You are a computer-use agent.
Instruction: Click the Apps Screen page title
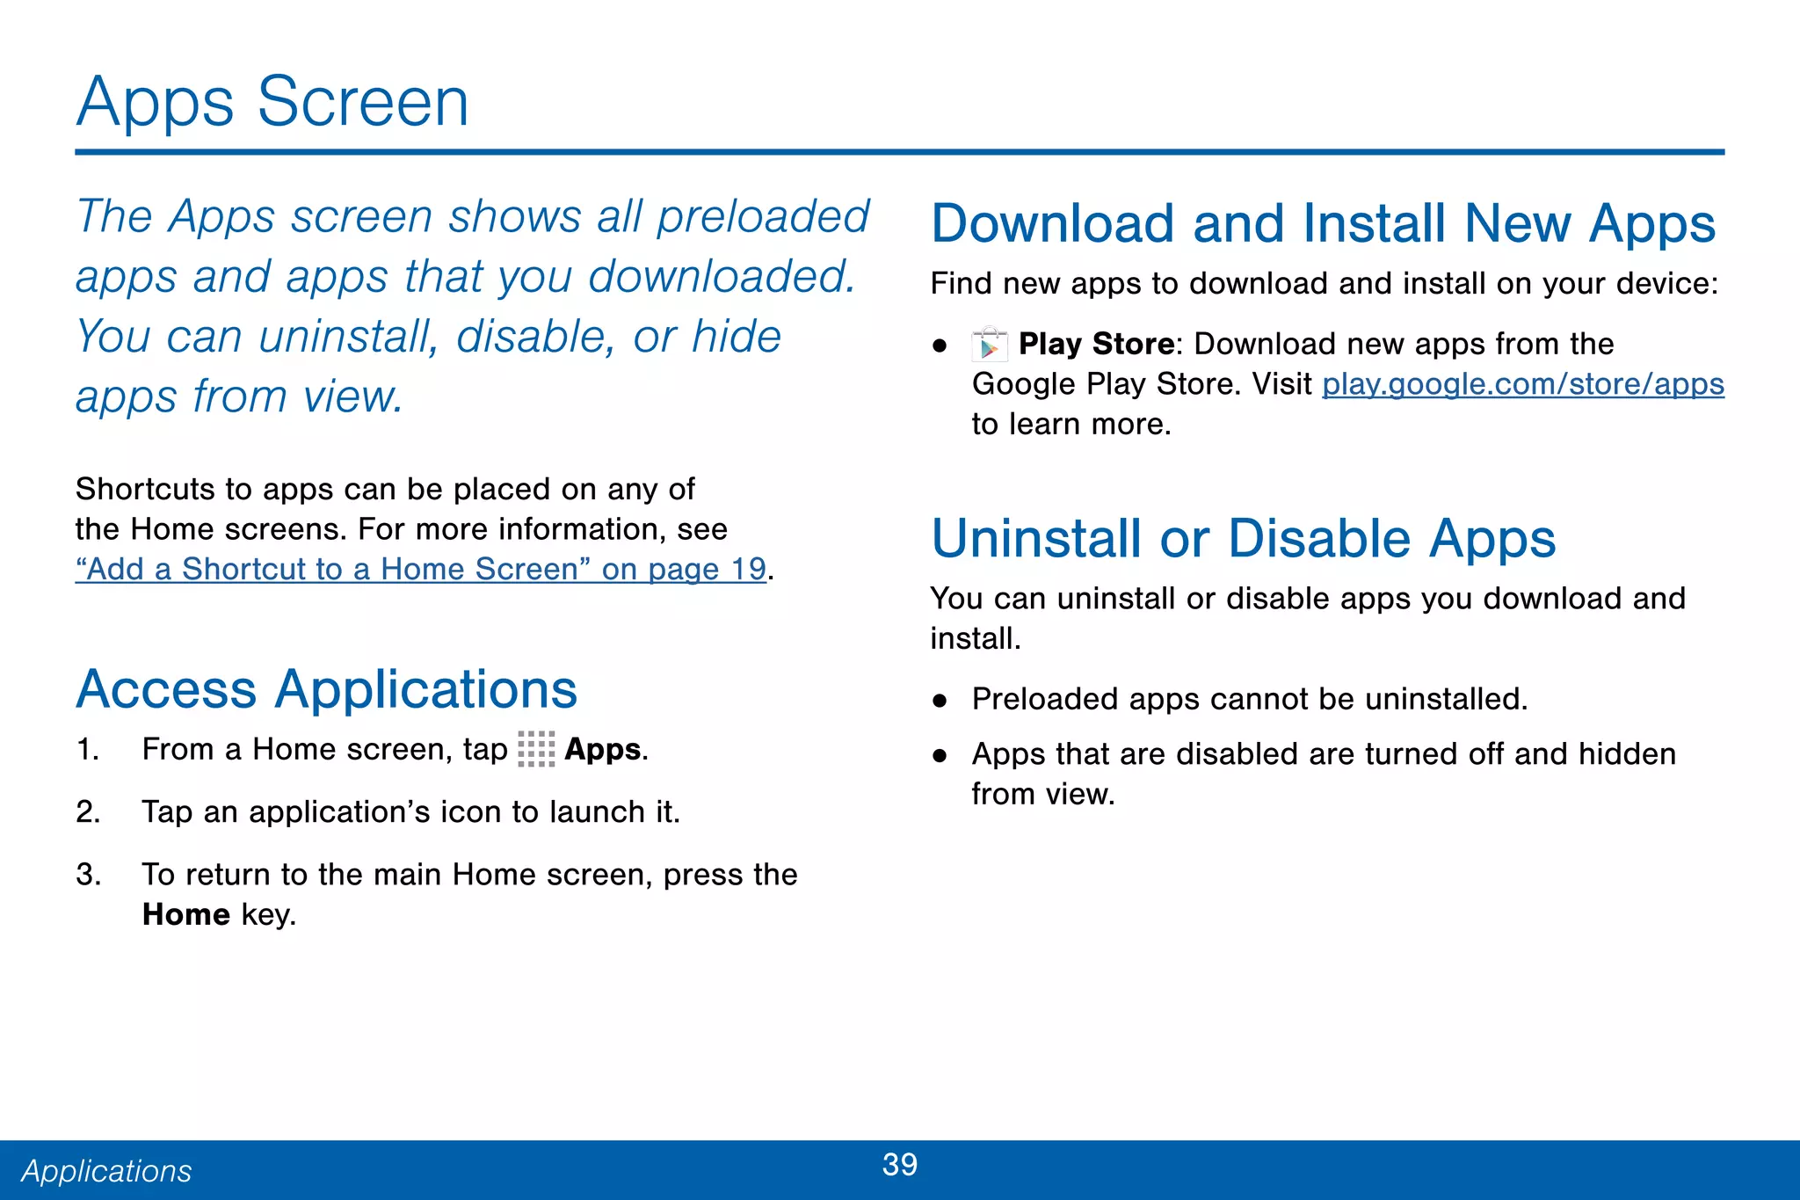[x=272, y=102]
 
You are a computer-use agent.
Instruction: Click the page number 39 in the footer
[x=899, y=1165]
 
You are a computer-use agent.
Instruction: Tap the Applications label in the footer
[x=106, y=1171]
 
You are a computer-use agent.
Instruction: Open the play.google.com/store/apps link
[x=1522, y=384]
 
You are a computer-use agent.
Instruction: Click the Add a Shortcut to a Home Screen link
[x=420, y=570]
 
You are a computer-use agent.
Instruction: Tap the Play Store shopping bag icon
[x=990, y=345]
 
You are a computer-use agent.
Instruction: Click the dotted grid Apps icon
[x=536, y=749]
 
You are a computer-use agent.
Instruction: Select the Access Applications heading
[x=326, y=689]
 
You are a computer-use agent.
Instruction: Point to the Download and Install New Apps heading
[x=1323, y=223]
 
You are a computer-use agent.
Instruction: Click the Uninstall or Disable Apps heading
[x=1243, y=538]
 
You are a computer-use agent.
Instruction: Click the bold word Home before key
[x=186, y=915]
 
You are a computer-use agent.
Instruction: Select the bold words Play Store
[x=1096, y=344]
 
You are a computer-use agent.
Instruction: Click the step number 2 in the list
[x=87, y=811]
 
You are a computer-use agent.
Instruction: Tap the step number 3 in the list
[x=87, y=875]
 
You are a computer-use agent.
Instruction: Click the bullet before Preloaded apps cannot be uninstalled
[x=940, y=701]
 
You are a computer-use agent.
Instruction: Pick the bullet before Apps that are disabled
[x=940, y=755]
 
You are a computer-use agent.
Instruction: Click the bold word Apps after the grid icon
[x=602, y=749]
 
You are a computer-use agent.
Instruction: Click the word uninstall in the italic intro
[x=348, y=337]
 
